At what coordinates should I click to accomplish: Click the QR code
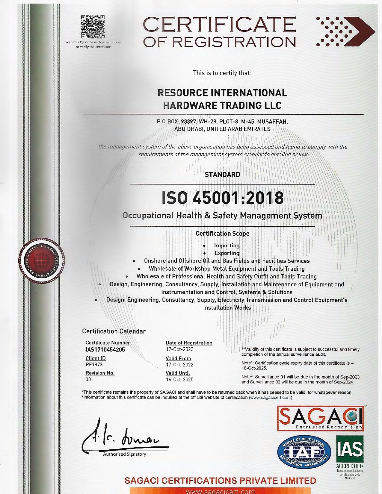click(x=93, y=27)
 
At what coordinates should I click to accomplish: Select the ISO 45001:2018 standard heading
click(x=223, y=198)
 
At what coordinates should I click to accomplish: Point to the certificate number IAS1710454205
click(x=105, y=349)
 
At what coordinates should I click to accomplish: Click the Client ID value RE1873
click(x=94, y=365)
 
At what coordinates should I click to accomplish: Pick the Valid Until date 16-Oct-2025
click(x=180, y=380)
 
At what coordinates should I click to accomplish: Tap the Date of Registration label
click(x=189, y=343)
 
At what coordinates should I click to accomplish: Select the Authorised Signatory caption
click(x=124, y=454)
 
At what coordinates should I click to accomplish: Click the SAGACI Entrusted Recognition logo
click(x=320, y=418)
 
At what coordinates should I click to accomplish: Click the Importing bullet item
click(x=227, y=246)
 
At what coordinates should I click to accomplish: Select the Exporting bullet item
click(x=227, y=253)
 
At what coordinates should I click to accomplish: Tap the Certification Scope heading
click(x=222, y=234)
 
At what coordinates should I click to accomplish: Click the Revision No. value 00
click(x=88, y=379)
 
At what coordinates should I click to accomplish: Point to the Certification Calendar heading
click(x=114, y=331)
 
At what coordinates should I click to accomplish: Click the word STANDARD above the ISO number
click(x=222, y=175)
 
